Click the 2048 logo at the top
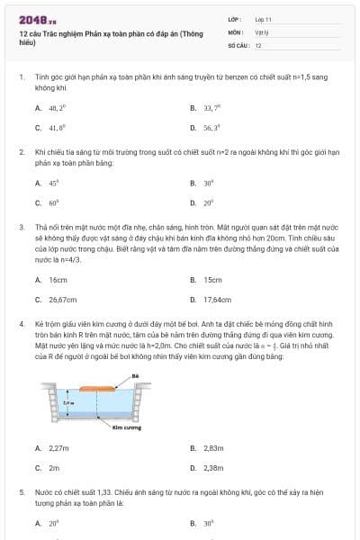31,19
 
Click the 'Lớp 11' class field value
263,18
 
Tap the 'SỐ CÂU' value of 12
258,44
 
